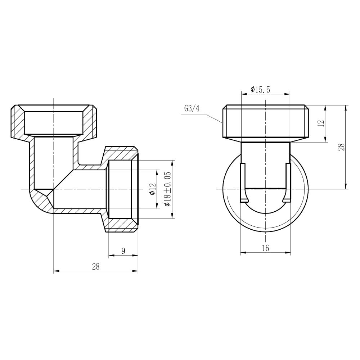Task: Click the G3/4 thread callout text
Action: (192, 108)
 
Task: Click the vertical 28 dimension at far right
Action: (342, 147)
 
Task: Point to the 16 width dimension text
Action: (265, 248)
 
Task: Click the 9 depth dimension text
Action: (123, 251)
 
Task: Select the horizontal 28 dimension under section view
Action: (95, 267)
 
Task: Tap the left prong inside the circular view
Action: (243, 182)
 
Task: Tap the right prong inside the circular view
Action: (288, 182)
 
